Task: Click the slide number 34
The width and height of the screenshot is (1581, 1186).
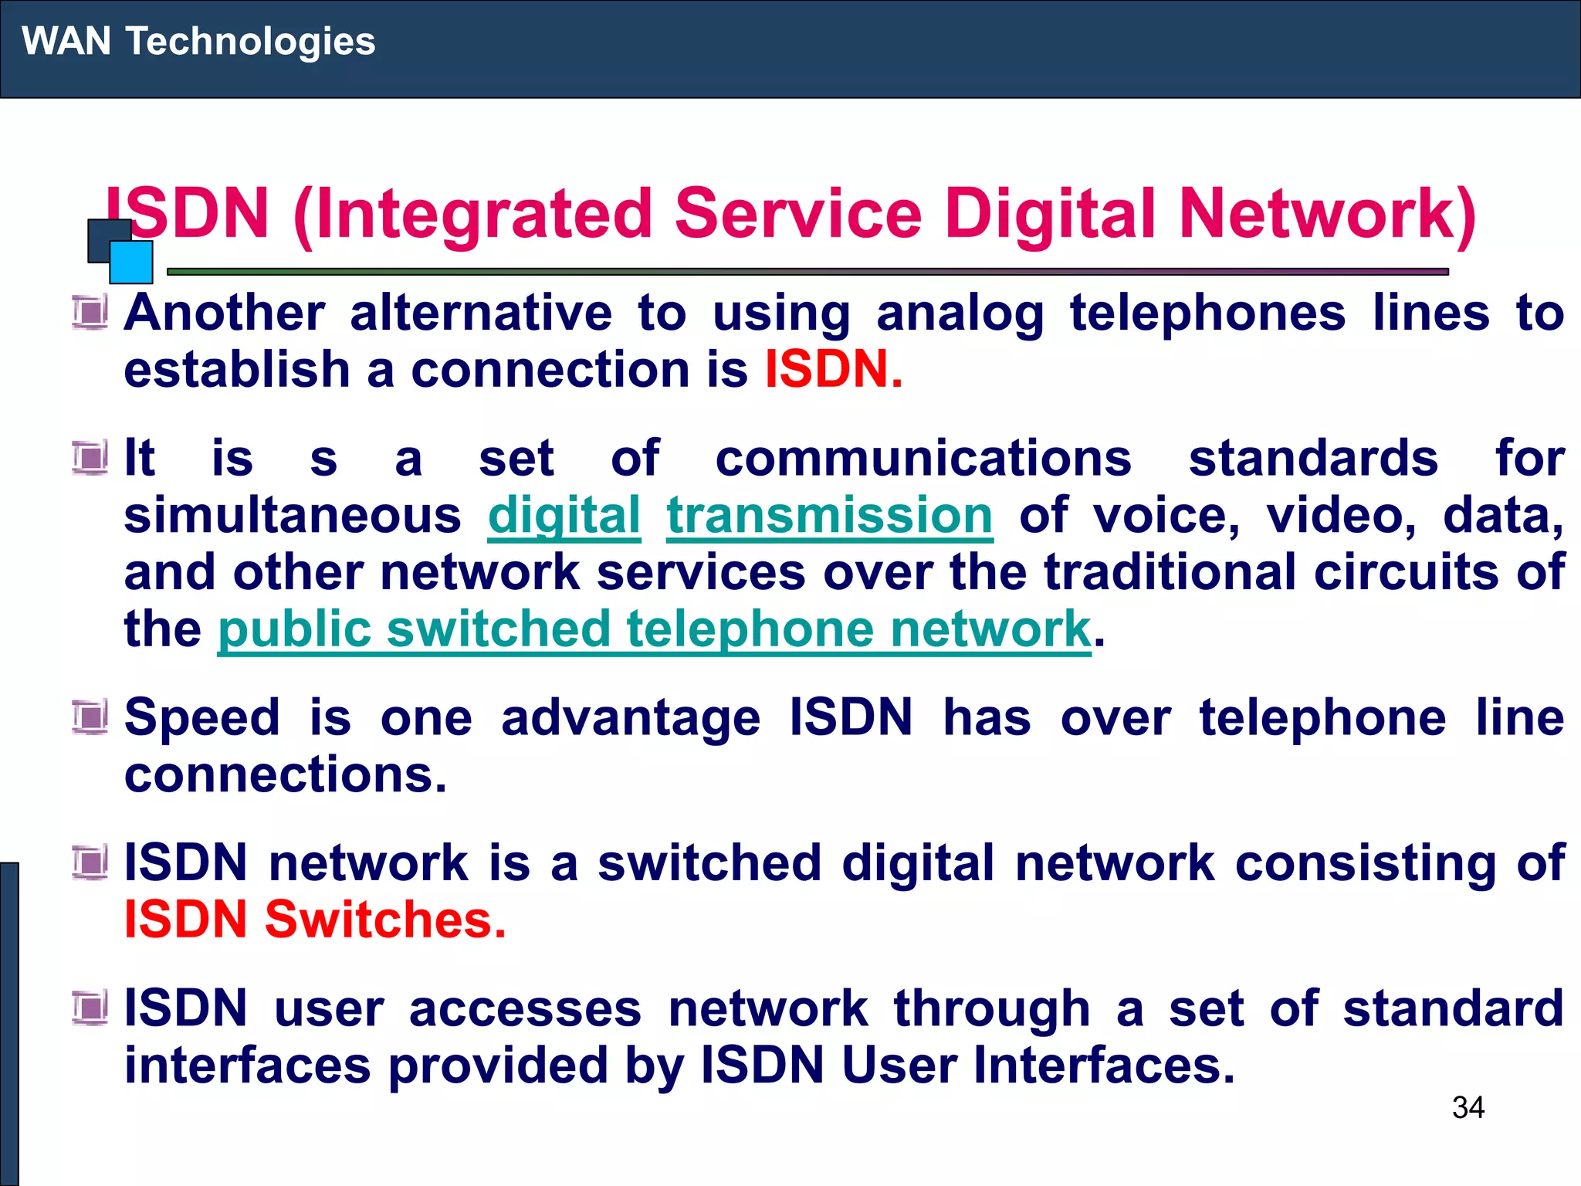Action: point(1468,1107)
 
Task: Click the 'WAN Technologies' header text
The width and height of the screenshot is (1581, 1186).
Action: point(198,41)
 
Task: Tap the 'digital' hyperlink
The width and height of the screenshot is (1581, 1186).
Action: point(564,515)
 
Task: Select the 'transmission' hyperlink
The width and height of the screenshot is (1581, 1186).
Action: point(829,515)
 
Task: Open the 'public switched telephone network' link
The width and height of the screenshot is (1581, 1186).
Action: point(654,629)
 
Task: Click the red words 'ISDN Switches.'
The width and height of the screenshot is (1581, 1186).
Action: point(315,920)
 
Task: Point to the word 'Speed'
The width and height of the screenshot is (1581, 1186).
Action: point(202,717)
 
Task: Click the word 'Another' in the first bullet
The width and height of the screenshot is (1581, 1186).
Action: point(225,313)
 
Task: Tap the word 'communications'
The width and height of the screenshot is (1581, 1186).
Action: point(923,459)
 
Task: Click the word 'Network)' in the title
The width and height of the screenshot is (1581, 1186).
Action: point(1328,214)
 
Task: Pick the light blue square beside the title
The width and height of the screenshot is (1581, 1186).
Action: point(131,262)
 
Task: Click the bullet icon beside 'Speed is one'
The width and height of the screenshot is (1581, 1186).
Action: point(90,717)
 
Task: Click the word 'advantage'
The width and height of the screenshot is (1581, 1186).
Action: point(631,719)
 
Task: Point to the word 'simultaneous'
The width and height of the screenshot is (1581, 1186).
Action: point(293,515)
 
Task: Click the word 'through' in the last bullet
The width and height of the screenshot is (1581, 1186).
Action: point(992,1009)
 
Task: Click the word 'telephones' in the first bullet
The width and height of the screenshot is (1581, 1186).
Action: point(1207,313)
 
